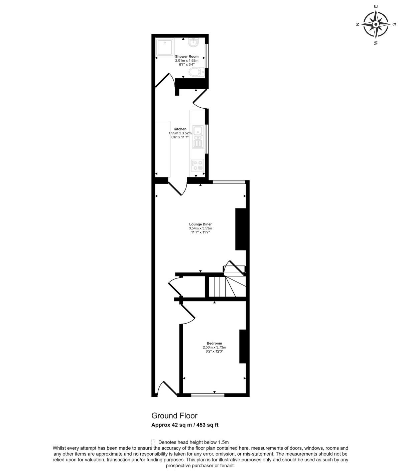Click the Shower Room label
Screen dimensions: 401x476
[187, 56]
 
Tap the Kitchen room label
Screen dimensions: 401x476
[180, 129]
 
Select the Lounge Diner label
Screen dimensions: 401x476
[200, 224]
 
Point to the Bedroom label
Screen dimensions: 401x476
[214, 343]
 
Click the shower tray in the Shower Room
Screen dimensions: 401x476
[165, 47]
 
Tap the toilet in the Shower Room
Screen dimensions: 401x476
[196, 72]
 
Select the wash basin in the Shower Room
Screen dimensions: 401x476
[194, 42]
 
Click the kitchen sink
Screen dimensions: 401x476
[197, 137]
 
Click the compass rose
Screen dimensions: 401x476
[376, 24]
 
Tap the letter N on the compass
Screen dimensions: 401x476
[358, 24]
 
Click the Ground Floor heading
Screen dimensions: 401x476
[174, 416]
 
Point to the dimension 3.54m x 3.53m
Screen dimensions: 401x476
[200, 228]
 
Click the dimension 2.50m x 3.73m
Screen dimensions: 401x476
[214, 347]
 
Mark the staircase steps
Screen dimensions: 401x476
[227, 286]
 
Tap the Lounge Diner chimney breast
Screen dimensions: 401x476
[241, 229]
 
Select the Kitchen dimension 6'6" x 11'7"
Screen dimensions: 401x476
[180, 137]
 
